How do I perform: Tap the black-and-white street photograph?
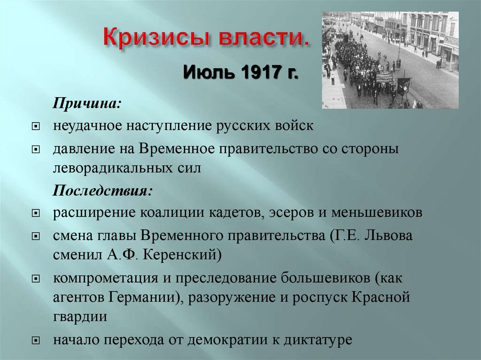[390, 60]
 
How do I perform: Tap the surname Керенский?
[181, 255]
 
